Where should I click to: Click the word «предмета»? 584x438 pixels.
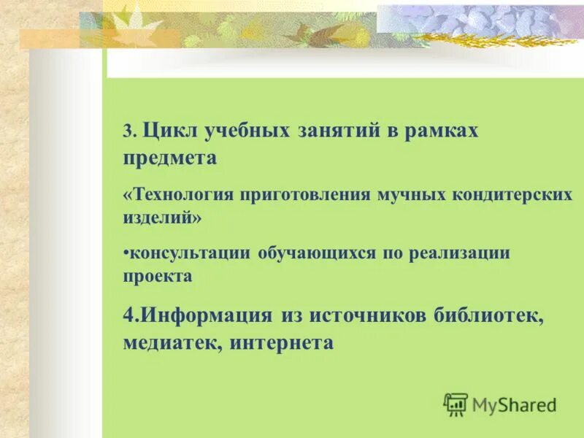click(x=170, y=158)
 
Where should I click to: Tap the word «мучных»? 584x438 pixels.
click(x=407, y=196)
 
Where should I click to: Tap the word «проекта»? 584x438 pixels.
click(x=158, y=277)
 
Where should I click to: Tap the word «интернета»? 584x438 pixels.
click(x=282, y=342)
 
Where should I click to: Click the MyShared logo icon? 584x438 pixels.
click(x=456, y=404)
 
